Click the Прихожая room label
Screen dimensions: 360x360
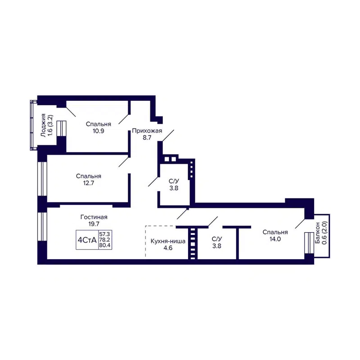(144, 131)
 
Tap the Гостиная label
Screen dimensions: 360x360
(94, 217)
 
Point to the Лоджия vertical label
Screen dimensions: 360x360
(43, 125)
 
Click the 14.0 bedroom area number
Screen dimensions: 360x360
(275, 239)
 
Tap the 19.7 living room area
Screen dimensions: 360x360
(94, 224)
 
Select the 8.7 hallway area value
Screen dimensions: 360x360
(144, 138)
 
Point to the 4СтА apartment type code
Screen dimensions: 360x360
(87, 241)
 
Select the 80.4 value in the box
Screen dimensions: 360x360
(104, 247)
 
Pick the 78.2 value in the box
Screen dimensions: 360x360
(104, 241)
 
